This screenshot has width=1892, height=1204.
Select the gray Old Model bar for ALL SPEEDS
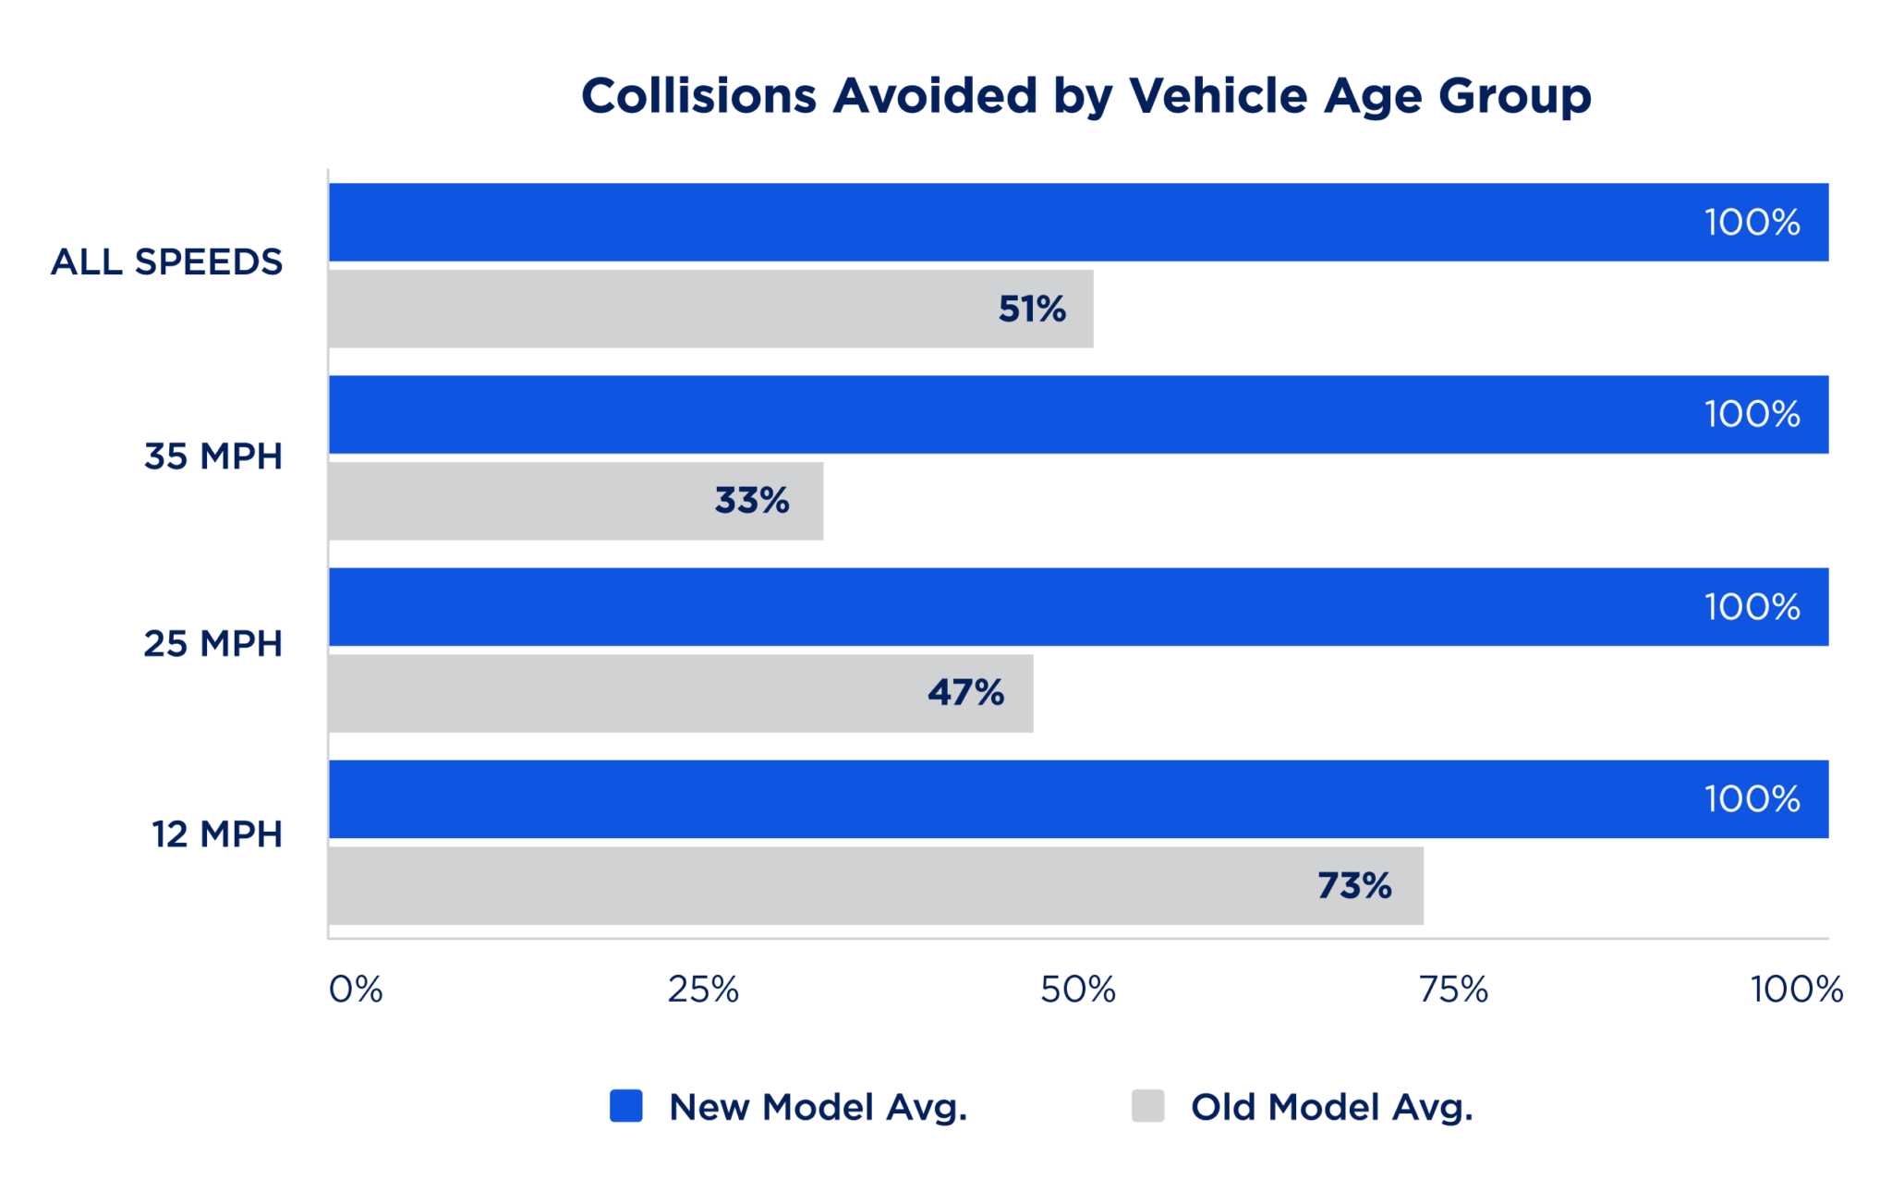point(711,309)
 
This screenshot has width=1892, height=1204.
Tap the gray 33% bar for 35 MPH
point(576,501)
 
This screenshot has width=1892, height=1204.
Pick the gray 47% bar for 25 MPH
point(682,693)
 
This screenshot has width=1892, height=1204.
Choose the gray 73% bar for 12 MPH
point(877,885)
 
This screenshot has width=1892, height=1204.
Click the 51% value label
point(1032,310)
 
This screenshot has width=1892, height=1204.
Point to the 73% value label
point(1354,886)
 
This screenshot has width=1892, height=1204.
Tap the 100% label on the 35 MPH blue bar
point(1753,414)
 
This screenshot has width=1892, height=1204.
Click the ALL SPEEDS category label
point(166,262)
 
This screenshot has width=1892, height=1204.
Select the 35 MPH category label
point(213,456)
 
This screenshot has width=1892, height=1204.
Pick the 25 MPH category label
point(213,644)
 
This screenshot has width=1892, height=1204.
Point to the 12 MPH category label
point(217,834)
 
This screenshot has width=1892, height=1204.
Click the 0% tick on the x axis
point(356,990)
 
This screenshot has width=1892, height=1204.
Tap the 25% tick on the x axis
point(703,990)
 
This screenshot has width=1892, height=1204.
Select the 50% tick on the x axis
point(1078,990)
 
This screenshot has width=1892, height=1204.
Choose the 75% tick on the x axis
point(1454,990)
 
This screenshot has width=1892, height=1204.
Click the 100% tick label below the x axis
point(1797,990)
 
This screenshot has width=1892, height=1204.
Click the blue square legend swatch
point(626,1106)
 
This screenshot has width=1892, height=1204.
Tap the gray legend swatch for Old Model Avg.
point(1148,1106)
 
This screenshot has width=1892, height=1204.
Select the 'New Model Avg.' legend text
point(819,1108)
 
